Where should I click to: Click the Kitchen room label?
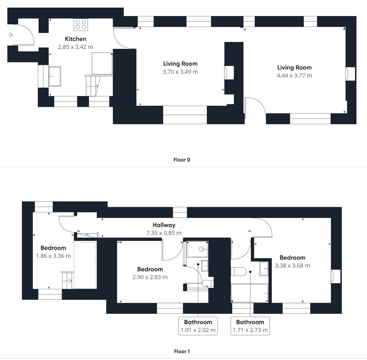(76, 39)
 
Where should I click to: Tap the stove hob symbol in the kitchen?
(81, 25)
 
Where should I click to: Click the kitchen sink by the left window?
(55, 76)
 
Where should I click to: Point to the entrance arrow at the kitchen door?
(10, 35)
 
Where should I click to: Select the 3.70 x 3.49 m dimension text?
(180, 72)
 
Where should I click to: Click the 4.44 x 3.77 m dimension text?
(294, 76)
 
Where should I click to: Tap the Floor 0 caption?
(182, 160)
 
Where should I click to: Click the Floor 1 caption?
(182, 351)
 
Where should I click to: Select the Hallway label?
(164, 225)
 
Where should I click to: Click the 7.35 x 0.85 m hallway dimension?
(164, 233)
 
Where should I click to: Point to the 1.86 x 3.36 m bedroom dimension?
(53, 256)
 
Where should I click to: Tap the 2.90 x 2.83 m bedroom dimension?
(150, 277)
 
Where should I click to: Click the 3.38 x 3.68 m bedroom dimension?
(292, 266)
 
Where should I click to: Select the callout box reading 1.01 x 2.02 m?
(198, 326)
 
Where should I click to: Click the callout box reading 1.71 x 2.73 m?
(250, 326)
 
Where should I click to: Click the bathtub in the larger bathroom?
(250, 293)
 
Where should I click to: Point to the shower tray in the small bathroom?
(197, 249)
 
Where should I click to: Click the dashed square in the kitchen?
(102, 63)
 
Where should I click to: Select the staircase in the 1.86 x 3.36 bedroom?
(68, 280)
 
